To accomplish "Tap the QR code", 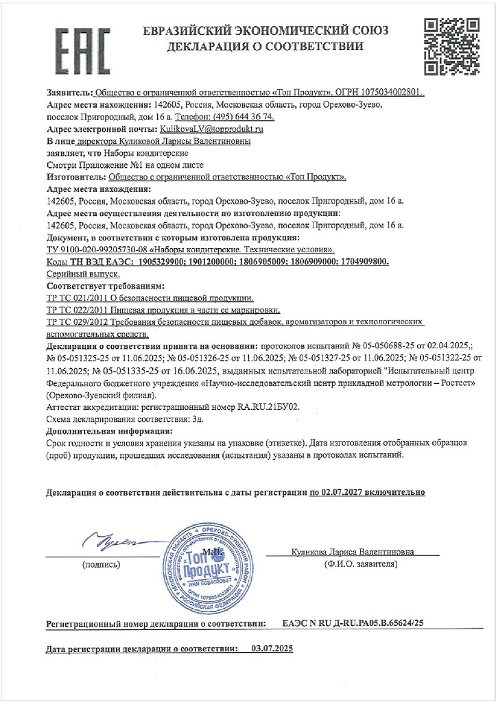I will (x=448, y=47).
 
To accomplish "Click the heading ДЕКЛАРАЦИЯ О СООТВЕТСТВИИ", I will (x=265, y=47).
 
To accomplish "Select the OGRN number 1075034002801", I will (x=392, y=92).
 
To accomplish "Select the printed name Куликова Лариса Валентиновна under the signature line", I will (x=362, y=551).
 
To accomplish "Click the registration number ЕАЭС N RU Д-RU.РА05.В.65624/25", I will (x=353, y=623).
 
